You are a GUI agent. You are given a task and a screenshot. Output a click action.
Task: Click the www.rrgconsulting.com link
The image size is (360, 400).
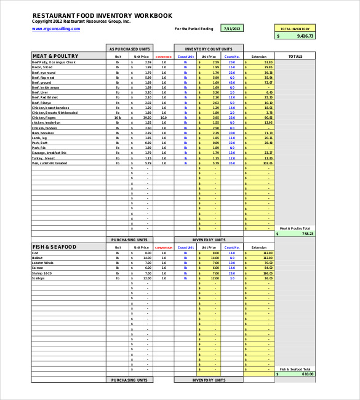(x=56, y=28)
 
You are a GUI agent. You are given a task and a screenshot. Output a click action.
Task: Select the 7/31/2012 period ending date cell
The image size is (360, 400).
(x=233, y=28)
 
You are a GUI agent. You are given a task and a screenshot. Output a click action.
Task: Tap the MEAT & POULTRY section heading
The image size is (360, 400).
(x=55, y=56)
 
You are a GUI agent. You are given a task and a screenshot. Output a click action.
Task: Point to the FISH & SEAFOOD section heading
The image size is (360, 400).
(x=54, y=247)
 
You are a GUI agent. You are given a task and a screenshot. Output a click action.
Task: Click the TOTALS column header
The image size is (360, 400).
(x=295, y=56)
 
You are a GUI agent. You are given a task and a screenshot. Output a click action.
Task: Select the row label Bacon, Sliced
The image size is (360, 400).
(x=43, y=67)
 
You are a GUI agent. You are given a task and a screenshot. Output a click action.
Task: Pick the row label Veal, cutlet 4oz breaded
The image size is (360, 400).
(x=49, y=163)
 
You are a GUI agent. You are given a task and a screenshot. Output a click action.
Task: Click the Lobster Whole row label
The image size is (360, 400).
(x=44, y=263)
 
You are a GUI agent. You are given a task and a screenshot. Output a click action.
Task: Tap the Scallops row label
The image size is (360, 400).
(x=38, y=278)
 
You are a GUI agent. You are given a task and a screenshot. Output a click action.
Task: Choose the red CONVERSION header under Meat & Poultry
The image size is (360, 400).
(x=164, y=57)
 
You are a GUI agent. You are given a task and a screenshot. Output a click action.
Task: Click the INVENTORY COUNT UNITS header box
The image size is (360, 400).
(x=209, y=49)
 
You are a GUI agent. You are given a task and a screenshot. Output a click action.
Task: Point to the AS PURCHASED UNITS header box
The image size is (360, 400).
(x=130, y=49)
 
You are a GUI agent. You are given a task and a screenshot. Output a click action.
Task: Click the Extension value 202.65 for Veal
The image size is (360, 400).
(x=267, y=163)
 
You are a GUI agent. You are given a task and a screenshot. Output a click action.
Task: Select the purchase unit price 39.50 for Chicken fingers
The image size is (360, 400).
(x=147, y=118)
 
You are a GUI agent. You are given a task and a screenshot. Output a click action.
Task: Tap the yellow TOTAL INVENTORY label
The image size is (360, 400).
(x=295, y=28)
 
